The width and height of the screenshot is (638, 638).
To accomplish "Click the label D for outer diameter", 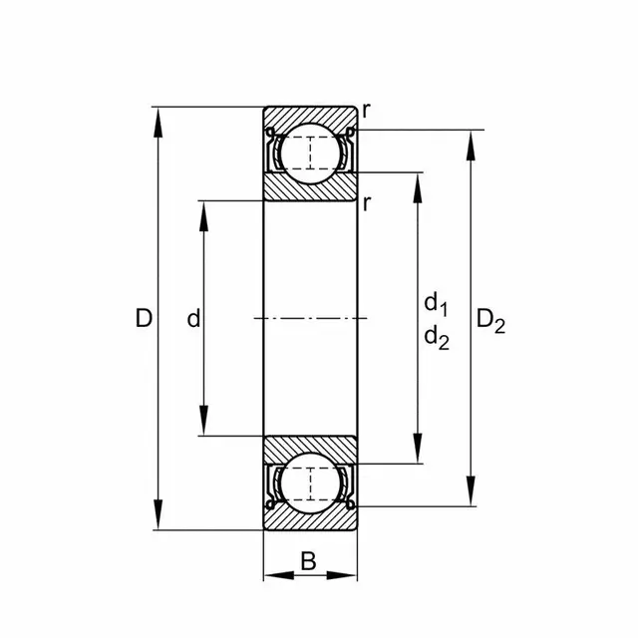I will coord(144,319).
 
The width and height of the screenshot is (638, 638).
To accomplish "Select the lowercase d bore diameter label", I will coord(194,319).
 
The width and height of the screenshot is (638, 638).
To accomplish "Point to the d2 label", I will coord(437,339).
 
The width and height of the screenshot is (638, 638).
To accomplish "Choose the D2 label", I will coord(490,321).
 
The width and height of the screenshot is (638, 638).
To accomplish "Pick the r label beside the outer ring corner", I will coord(367,111).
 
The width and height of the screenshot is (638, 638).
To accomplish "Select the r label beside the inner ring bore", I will coord(367,203).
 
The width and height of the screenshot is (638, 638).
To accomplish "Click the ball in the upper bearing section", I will coord(310,153).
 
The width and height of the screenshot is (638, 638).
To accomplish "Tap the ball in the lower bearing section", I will coord(310,483).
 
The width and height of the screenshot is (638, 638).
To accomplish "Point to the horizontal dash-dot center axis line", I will coord(310,318).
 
